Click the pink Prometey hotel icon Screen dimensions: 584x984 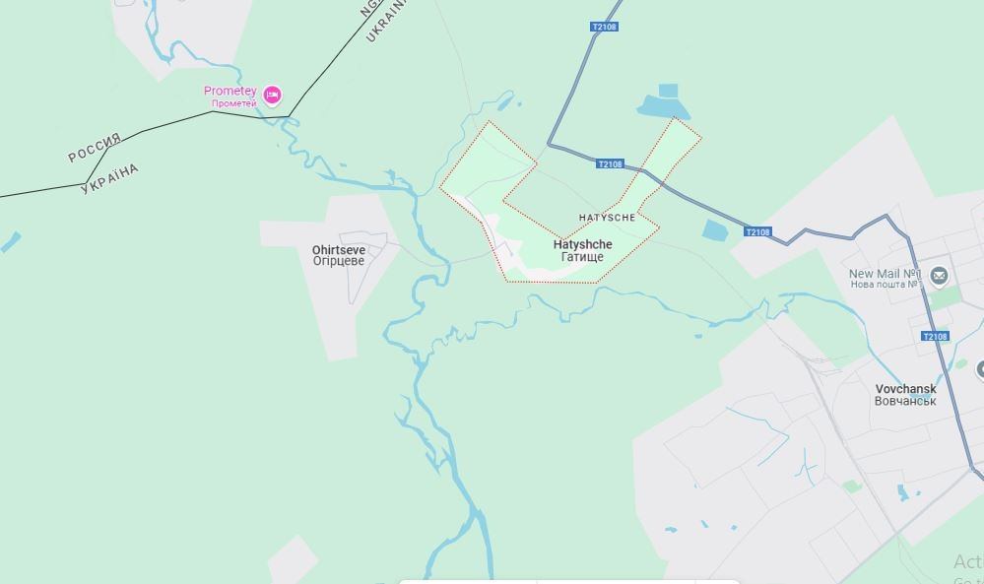click(272, 95)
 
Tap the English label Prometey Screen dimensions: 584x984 click(230, 91)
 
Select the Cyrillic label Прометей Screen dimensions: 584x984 click(233, 103)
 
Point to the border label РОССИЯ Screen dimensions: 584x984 click(95, 147)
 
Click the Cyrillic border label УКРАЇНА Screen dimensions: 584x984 click(109, 179)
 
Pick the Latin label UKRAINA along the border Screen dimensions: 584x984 click(385, 20)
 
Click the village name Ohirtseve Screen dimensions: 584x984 click(338, 250)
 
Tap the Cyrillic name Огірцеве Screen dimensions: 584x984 click(339, 262)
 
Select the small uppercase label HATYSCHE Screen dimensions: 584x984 click(607, 217)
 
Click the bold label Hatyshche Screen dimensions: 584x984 click(582, 244)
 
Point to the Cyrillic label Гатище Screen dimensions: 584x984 click(582, 257)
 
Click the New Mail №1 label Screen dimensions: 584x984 click(885, 274)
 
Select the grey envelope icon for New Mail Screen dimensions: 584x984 click(939, 275)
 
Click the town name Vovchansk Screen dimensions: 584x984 click(905, 389)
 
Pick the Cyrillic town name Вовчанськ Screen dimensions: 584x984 click(905, 402)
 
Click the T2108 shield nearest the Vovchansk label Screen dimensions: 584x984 click(934, 337)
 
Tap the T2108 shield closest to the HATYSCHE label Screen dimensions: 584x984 click(610, 164)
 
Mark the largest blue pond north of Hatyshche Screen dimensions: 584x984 click(659, 104)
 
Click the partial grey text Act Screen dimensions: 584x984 click(968, 561)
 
